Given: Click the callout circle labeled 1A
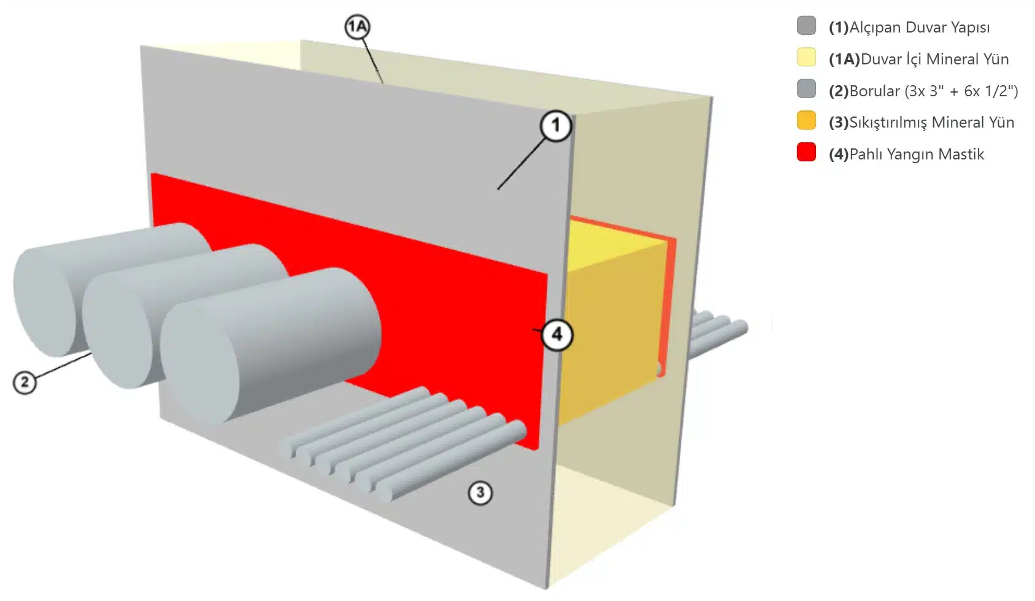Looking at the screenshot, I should coord(357,26).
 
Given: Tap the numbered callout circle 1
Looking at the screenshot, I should coord(556,126).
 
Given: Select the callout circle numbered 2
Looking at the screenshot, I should coord(25,382).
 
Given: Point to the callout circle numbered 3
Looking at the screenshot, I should coord(480,492).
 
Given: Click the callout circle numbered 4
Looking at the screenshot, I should coord(556,335).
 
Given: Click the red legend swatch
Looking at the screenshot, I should coord(806,152).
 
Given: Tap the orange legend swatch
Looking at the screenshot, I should coord(806,120).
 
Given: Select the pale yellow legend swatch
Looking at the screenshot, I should coord(806,57).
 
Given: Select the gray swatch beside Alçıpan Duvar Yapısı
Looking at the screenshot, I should coord(806,25).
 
